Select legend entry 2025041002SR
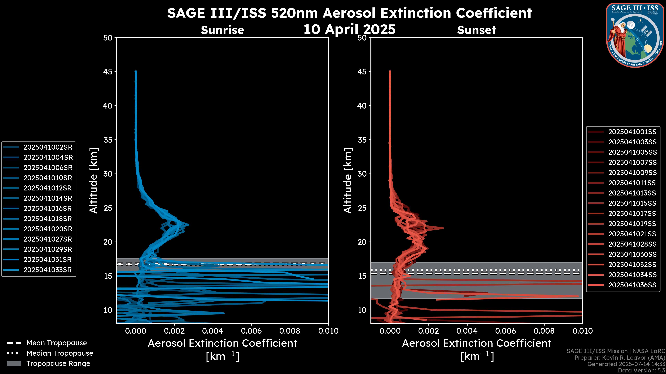[x=48, y=147]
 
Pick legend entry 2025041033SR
[x=48, y=270]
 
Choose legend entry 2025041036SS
[x=632, y=285]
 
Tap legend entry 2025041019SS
[x=632, y=224]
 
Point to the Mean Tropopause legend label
[x=57, y=343]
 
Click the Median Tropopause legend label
[x=60, y=353]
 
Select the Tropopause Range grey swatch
[x=14, y=363]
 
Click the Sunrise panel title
[x=222, y=30]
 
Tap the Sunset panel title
[x=476, y=30]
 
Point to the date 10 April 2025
[x=349, y=29]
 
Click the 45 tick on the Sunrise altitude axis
[x=108, y=72]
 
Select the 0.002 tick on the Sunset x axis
[x=429, y=331]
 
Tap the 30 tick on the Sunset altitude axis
[x=362, y=174]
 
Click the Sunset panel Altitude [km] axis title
[x=348, y=180]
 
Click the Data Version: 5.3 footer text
[x=641, y=370]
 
